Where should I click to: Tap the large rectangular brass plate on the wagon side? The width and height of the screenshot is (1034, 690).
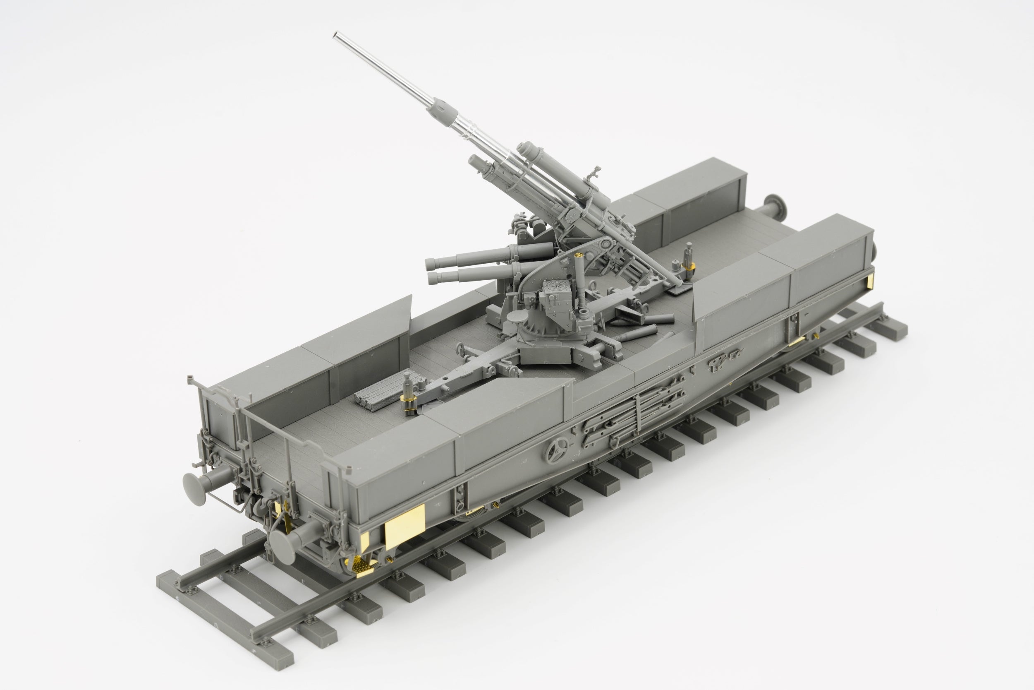[x=405, y=527]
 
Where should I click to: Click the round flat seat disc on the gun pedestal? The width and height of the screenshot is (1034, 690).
[x=517, y=316]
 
